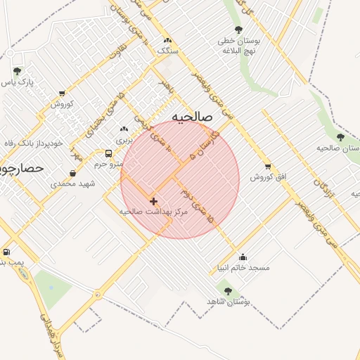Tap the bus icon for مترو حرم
tap(108, 153)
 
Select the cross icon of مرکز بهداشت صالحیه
tap(153, 201)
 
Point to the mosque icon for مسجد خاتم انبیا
tap(243, 257)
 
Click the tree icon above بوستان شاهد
tap(226, 290)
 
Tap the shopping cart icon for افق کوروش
tap(268, 167)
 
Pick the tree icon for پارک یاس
tap(17, 70)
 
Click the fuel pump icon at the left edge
tap(7, 252)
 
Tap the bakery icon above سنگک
tap(167, 40)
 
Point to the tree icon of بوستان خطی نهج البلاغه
tap(238, 30)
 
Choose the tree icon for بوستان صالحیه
tap(341, 137)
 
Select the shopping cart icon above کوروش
tap(62, 93)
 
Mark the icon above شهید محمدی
tap(73, 174)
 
